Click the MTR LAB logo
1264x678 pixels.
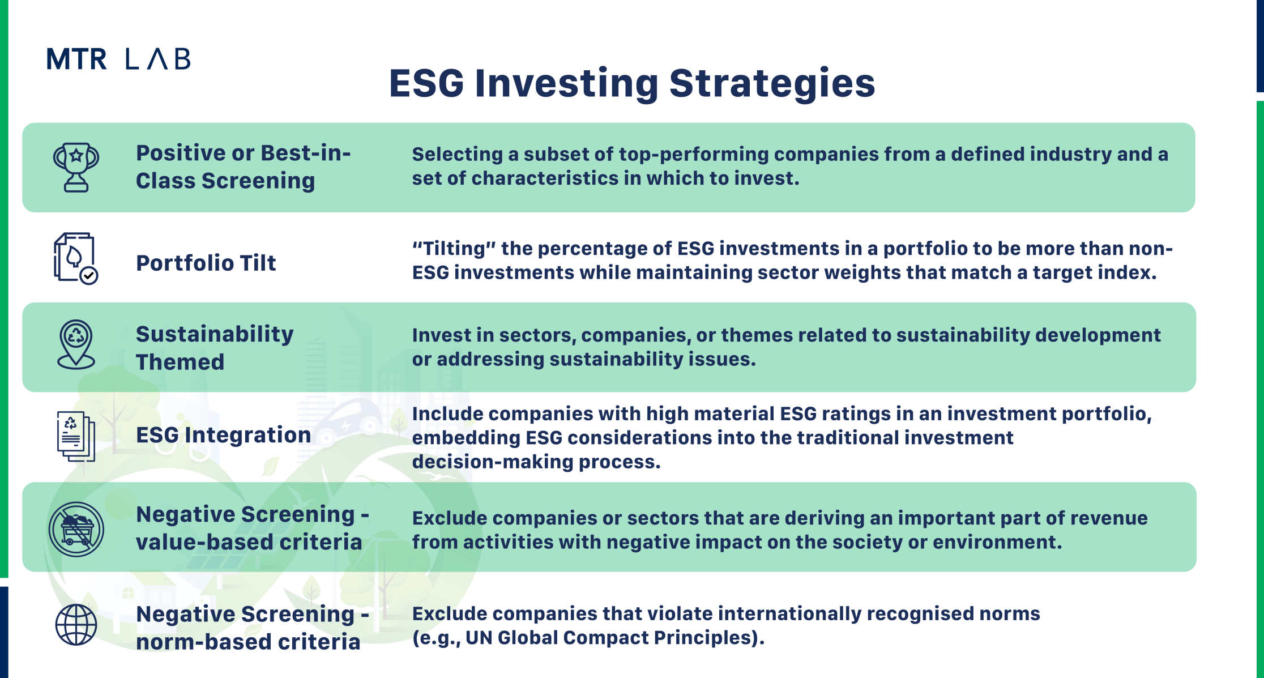click(x=118, y=59)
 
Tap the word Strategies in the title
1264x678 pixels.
click(x=772, y=84)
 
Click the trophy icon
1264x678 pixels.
click(x=76, y=167)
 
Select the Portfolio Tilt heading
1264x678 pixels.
click(x=206, y=263)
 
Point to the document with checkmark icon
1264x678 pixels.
click(x=76, y=258)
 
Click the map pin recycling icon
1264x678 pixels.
click(x=76, y=344)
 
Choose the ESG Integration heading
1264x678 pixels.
click(x=224, y=435)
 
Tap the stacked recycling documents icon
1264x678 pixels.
click(x=76, y=436)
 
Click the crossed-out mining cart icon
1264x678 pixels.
click(x=76, y=530)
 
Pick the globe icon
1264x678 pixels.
click(x=76, y=625)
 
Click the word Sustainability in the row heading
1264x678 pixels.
click(x=215, y=335)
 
